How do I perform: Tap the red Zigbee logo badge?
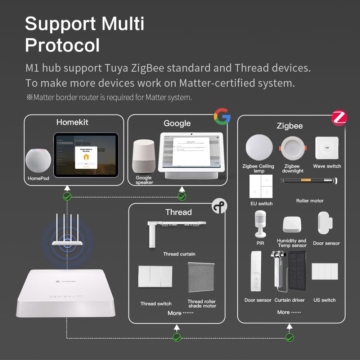339,118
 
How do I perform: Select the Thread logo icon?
219,206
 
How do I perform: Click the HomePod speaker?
39,161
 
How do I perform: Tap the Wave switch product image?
327,148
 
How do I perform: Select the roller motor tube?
309,181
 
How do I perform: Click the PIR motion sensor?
260,224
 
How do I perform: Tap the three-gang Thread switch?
155,276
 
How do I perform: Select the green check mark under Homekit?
67,196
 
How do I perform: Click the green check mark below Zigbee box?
289,337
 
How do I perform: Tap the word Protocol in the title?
62,45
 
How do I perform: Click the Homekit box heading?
72,122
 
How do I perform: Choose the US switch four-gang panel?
325,271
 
